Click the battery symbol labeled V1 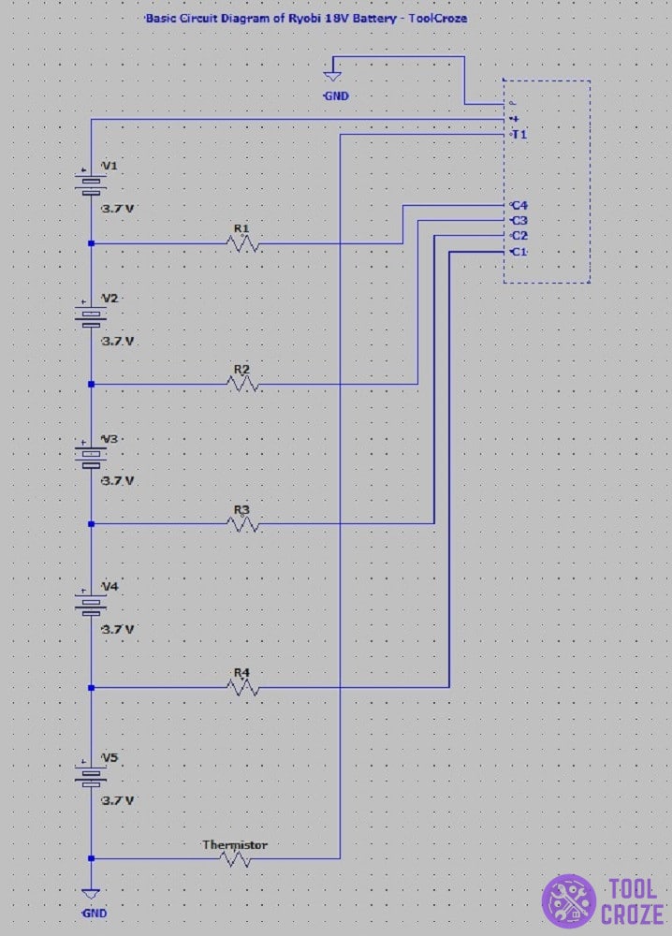pos(91,183)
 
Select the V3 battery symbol pos(91,456)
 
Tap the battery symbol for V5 pos(91,774)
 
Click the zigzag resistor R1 pos(242,243)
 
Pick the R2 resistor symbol pos(242,384)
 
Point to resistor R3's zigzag pos(242,523)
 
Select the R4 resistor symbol pos(242,688)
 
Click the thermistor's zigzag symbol pos(235,858)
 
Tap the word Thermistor pos(235,844)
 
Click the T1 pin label pos(519,134)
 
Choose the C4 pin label pos(519,205)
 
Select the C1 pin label pos(519,252)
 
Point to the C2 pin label pos(519,236)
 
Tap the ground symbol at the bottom pos(91,894)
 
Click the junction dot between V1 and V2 pos(91,243)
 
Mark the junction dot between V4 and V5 pos(91,688)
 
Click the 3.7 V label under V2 pos(118,342)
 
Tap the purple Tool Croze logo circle pos(568,901)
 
